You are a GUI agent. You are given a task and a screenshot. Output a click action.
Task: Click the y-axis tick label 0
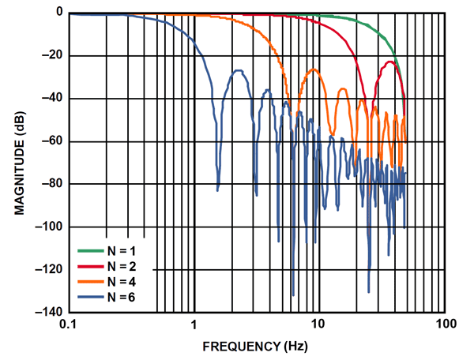click(x=57, y=13)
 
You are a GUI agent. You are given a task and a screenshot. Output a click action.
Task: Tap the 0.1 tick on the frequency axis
click(x=68, y=325)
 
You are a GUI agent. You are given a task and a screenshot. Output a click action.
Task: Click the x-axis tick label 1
click(x=194, y=325)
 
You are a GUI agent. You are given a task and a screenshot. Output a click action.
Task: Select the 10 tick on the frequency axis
click(x=318, y=325)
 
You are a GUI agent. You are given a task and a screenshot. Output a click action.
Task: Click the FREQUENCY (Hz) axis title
click(x=256, y=346)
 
